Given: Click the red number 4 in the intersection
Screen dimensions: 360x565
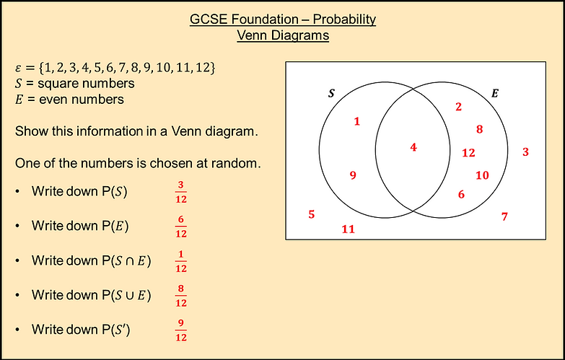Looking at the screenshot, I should [413, 147].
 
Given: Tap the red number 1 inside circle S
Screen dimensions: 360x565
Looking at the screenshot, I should [357, 121].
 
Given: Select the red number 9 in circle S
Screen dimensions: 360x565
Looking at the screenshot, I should [353, 175].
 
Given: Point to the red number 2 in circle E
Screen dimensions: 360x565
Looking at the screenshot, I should [458, 107].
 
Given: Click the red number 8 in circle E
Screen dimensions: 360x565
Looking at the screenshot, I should [479, 130].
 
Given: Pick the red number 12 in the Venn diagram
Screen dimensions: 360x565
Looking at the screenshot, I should [469, 152].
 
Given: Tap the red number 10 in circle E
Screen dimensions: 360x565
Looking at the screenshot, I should [482, 175].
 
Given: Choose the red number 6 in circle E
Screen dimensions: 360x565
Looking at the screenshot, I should [461, 193].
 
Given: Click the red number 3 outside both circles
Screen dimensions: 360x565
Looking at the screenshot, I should [526, 152].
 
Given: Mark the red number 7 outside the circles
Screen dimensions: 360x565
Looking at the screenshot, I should [504, 216].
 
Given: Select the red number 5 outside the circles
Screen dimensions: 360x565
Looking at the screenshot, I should [312, 214].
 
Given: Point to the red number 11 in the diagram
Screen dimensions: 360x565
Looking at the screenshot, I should [349, 229].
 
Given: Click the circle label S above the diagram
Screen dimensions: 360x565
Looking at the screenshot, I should [332, 94].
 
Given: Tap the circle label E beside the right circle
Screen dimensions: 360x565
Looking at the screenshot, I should [495, 93].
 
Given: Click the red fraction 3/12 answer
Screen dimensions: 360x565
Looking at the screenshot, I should [181, 193].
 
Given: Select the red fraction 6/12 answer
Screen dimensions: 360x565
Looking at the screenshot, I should [181, 227].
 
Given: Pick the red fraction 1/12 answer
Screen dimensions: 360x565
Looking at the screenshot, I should [181, 262].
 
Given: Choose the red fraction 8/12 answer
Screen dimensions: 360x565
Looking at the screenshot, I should [181, 297].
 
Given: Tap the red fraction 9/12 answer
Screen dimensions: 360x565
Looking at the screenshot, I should [181, 331].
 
